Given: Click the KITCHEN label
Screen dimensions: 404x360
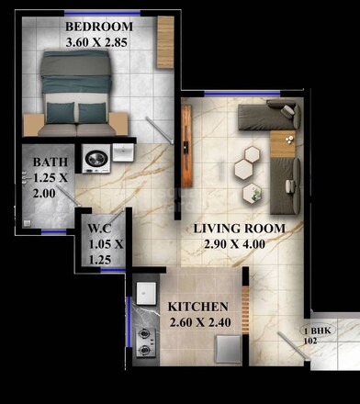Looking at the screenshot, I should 198,306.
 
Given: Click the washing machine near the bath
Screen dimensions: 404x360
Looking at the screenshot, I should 96,158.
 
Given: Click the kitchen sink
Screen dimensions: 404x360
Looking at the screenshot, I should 146,293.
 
